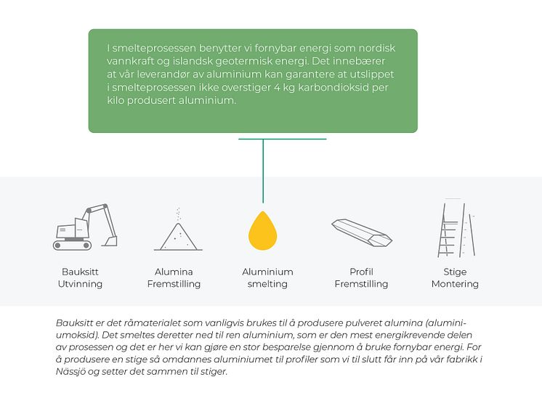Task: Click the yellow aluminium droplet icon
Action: pyautogui.click(x=263, y=230)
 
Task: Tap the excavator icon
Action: pyautogui.click(x=85, y=227)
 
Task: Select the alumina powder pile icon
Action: pyautogui.click(x=178, y=229)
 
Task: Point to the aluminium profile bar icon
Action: pyautogui.click(x=362, y=232)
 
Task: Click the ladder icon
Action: pyautogui.click(x=456, y=228)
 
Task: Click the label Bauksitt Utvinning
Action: pyautogui.click(x=80, y=277)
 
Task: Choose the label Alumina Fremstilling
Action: pyautogui.click(x=174, y=277)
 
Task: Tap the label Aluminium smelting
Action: pyautogui.click(x=267, y=277)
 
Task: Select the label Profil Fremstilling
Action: pyautogui.click(x=362, y=277)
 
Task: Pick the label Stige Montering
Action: pyautogui.click(x=456, y=277)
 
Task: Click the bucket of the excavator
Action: pyautogui.click(x=112, y=241)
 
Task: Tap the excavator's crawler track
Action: pyautogui.click(x=72, y=245)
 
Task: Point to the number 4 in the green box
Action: pyautogui.click(x=278, y=87)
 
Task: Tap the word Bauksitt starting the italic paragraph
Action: pyautogui.click(x=74, y=323)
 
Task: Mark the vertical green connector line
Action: pyautogui.click(x=263, y=171)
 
